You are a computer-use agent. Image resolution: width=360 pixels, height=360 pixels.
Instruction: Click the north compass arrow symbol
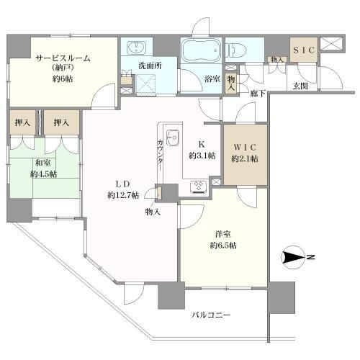pos(294,258)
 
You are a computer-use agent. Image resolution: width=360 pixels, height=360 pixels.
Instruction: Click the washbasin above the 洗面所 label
pos(136,48)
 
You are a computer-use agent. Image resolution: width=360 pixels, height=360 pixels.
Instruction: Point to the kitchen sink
pos(173,138)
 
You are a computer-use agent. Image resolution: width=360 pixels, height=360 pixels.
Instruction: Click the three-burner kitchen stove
pos(199,186)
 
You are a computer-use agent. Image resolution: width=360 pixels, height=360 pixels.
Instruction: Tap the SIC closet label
pos(304,50)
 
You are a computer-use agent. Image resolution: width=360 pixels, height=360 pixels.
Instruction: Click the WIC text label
pos(245,148)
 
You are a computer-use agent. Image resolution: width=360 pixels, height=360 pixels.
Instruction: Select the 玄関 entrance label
pos(300,86)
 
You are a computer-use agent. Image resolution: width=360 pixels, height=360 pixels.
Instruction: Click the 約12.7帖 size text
pos(123,195)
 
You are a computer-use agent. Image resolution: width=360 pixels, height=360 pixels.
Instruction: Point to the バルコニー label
pos(211,315)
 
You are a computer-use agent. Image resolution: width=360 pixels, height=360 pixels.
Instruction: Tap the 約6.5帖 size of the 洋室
pos(223,246)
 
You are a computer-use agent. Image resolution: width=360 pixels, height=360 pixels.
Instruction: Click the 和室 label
pos(43,163)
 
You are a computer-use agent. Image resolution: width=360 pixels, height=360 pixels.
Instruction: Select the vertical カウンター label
pos(160,155)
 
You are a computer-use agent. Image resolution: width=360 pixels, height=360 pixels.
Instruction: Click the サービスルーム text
pos(63,58)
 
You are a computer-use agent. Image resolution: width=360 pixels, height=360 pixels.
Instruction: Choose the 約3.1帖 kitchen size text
pos(202,156)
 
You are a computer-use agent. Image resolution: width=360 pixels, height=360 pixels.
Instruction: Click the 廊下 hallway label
pos(258,94)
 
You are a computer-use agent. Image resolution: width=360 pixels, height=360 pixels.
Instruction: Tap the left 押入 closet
pos(22,122)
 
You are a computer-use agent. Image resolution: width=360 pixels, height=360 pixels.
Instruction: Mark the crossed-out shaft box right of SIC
pos(332,44)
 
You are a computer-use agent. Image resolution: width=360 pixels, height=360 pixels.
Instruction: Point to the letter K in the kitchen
pos(202,145)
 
